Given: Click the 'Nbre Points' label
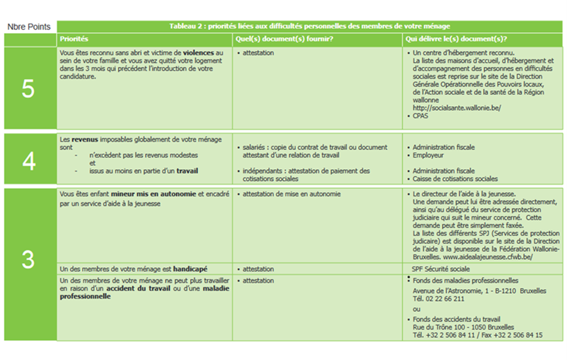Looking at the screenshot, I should [x=29, y=27].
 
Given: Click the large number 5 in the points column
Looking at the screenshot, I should [x=28, y=89].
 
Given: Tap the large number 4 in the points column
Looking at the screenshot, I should [x=28, y=161].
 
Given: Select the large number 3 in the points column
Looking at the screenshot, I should [x=28, y=259].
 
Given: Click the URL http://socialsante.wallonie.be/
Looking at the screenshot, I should [x=457, y=108].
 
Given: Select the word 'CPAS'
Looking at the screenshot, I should [x=421, y=116].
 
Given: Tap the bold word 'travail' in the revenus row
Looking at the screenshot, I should [x=187, y=171].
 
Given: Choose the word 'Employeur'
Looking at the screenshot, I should [x=429, y=155].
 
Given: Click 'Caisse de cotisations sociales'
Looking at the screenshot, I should [x=455, y=179].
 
